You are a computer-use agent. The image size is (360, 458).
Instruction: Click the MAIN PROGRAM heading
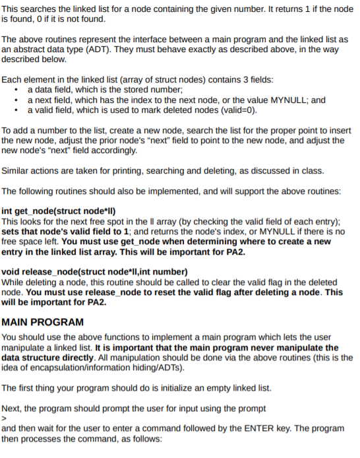tap(43, 322)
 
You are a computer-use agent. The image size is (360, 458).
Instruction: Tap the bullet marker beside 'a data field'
tap(16, 90)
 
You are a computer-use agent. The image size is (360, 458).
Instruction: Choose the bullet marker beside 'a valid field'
tap(16, 110)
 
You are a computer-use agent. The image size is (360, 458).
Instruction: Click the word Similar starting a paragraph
tap(18, 171)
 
